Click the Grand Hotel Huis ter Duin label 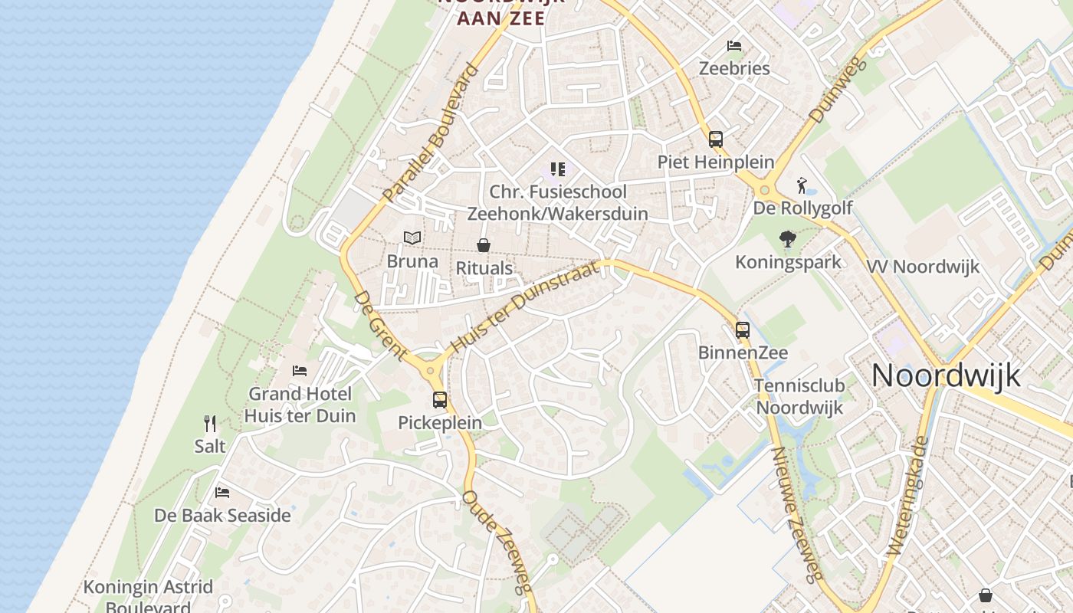300,405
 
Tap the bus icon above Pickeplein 440,399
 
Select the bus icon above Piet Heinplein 716,139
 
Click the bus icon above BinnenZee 743,330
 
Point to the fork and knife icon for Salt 210,423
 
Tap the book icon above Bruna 412,238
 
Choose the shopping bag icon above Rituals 484,245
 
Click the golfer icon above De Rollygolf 802,185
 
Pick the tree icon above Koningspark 787,239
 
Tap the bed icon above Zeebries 734,46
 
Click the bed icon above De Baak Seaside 222,492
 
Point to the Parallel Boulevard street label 431,133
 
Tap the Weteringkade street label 909,497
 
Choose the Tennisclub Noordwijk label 799,396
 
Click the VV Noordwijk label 924,267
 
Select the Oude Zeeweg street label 497,541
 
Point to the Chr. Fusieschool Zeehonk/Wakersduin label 558,202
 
